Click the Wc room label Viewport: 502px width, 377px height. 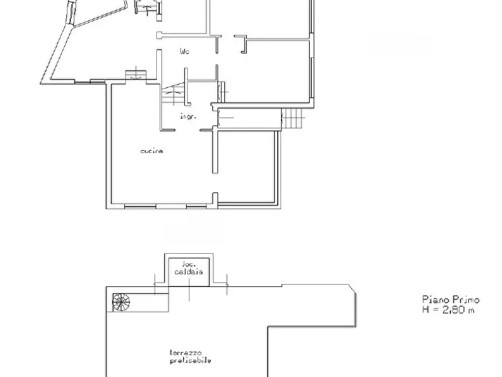(x=184, y=52)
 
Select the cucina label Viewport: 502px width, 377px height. (x=152, y=151)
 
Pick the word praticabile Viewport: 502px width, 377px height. (x=192, y=361)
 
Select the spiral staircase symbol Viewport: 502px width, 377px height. (x=121, y=302)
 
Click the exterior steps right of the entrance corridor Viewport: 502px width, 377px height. (x=293, y=118)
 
